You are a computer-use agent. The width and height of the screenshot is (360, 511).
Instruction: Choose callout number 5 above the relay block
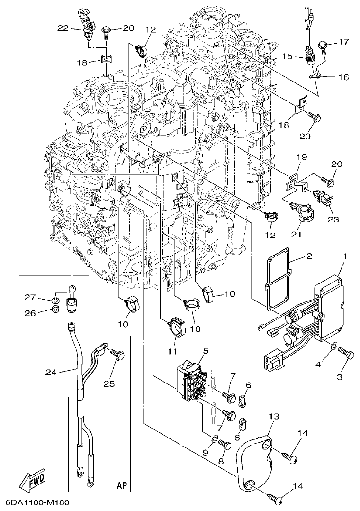(x=206, y=351)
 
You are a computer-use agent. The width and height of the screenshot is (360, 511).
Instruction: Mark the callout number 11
(x=172, y=351)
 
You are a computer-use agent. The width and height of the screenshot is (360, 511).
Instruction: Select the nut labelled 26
(x=55, y=310)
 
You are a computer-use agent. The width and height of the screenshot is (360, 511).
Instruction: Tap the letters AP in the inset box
(x=122, y=485)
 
